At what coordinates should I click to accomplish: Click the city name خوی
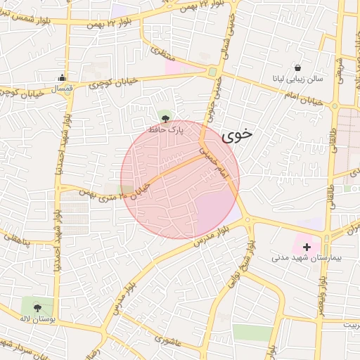click(x=236, y=136)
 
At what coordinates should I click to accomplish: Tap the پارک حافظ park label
click(x=165, y=130)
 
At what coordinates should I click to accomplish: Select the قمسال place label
click(x=63, y=89)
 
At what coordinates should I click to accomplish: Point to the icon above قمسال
click(x=63, y=78)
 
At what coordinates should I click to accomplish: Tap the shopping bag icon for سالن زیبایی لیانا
click(x=298, y=68)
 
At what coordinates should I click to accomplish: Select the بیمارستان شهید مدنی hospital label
click(x=307, y=258)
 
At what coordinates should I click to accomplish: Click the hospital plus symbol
click(x=307, y=247)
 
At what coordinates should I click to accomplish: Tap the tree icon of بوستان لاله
click(x=37, y=307)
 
